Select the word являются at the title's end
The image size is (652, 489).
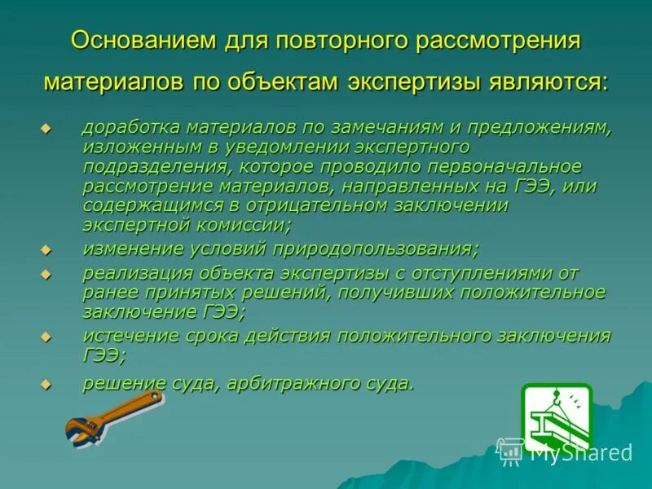coord(548,81)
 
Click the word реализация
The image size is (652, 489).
coord(134,272)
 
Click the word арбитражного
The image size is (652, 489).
coord(292,382)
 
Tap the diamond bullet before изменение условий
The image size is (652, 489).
coord(46,249)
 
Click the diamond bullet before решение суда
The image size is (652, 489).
coord(46,384)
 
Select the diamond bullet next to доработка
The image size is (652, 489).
coord(46,130)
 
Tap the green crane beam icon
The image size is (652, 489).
coord(556,417)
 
